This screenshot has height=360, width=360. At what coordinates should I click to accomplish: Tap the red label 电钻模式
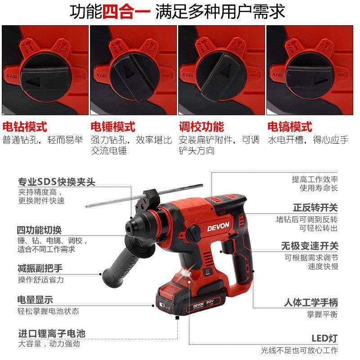[x=25, y=126]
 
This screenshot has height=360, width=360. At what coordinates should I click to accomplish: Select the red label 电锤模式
[x=113, y=126]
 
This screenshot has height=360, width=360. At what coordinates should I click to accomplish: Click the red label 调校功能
[x=201, y=126]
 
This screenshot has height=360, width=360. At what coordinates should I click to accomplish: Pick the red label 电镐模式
[x=289, y=126]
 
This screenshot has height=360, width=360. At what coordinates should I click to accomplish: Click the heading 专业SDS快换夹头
[x=57, y=182]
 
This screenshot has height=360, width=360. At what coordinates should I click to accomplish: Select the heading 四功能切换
[x=40, y=230]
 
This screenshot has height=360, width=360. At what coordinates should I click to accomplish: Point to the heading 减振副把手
[x=40, y=269]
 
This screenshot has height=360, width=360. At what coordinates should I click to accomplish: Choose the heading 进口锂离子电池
[x=52, y=334]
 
